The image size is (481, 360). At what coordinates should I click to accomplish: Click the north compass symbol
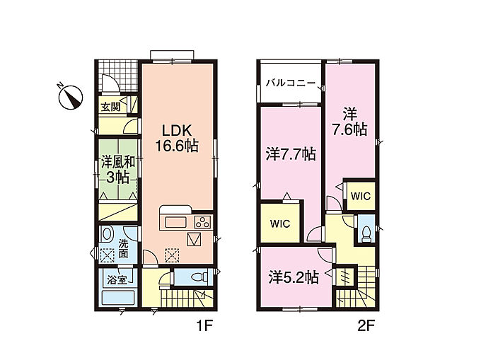[70, 97]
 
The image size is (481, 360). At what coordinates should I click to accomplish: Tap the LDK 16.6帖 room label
[177, 139]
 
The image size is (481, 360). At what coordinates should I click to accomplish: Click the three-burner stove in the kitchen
[203, 222]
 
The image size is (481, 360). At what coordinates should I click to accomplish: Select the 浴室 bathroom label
[117, 279]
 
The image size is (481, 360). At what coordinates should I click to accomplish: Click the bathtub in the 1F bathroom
[118, 297]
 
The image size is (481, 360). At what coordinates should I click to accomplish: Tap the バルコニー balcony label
[290, 83]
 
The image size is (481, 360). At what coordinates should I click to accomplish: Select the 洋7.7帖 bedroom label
[291, 154]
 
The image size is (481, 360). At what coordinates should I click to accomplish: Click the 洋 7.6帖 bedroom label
[350, 122]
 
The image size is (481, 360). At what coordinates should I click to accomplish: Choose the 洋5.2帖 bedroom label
[294, 277]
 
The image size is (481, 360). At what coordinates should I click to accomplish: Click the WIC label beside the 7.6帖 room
[361, 196]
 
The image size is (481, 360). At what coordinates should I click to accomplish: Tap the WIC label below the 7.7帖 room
[280, 223]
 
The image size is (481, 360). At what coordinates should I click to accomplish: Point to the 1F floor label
[204, 326]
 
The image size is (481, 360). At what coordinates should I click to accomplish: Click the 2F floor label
[366, 326]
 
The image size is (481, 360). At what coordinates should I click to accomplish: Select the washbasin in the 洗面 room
[107, 234]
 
